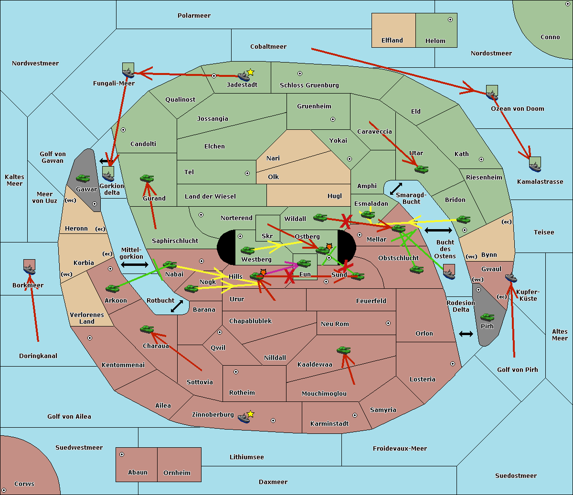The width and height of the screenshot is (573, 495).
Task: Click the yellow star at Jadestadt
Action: (x=250, y=73)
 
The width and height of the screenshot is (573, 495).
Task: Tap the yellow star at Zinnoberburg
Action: (x=250, y=414)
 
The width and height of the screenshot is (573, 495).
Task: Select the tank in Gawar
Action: (x=83, y=179)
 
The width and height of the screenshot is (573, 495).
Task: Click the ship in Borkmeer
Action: (x=30, y=269)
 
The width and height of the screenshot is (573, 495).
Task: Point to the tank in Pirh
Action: (x=487, y=317)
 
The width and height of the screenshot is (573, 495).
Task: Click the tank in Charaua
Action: (x=147, y=329)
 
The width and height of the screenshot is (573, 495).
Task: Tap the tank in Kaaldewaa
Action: (x=343, y=350)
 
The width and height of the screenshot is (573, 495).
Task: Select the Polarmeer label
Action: (x=194, y=16)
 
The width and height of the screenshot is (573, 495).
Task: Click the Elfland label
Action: (x=392, y=41)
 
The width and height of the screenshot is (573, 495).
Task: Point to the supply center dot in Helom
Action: (x=450, y=20)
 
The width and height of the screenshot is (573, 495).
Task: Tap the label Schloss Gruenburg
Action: (x=309, y=85)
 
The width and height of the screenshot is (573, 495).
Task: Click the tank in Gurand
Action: (x=147, y=178)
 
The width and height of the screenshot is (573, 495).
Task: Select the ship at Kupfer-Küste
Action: (x=511, y=278)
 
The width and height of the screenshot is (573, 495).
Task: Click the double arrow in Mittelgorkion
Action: (x=135, y=264)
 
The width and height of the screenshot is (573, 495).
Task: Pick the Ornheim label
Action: (x=177, y=473)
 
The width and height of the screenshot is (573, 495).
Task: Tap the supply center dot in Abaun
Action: (x=122, y=454)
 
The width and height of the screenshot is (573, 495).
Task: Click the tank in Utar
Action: (x=421, y=169)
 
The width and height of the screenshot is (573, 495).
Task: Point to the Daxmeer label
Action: (x=273, y=482)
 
